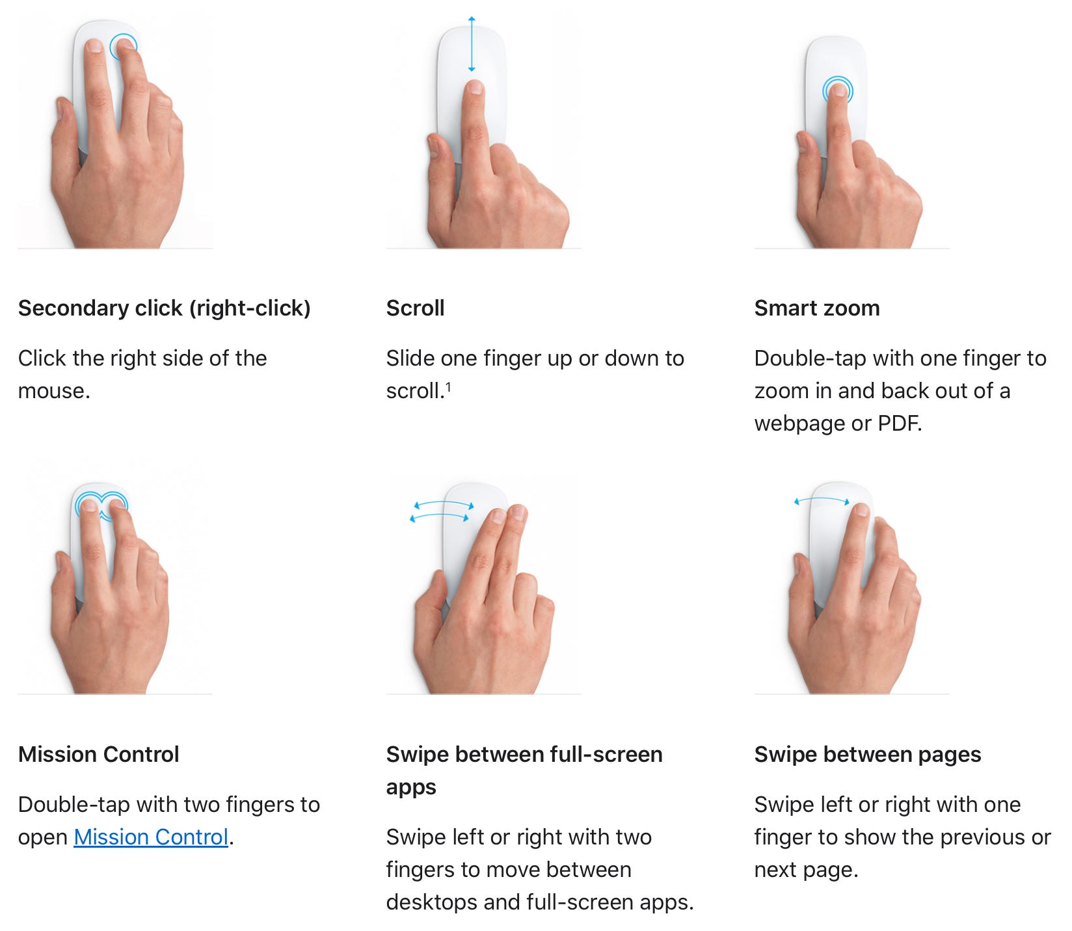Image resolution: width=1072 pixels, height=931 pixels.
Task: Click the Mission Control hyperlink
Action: pos(151,837)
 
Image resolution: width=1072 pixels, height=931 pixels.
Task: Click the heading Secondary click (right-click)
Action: pos(165,308)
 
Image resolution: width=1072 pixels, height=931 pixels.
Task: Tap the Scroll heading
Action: pos(415,308)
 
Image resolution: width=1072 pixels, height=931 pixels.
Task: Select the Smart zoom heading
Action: pos(817,308)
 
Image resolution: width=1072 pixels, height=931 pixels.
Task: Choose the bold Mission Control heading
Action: pos(99,754)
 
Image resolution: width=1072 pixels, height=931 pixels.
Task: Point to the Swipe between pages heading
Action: pos(868,754)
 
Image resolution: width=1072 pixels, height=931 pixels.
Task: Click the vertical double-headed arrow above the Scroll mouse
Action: pos(472,44)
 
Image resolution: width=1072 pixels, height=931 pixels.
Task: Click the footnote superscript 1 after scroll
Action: pos(448,386)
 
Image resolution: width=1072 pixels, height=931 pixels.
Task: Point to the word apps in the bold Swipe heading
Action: pos(411,788)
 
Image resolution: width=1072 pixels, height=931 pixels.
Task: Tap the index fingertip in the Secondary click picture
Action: pos(94,46)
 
